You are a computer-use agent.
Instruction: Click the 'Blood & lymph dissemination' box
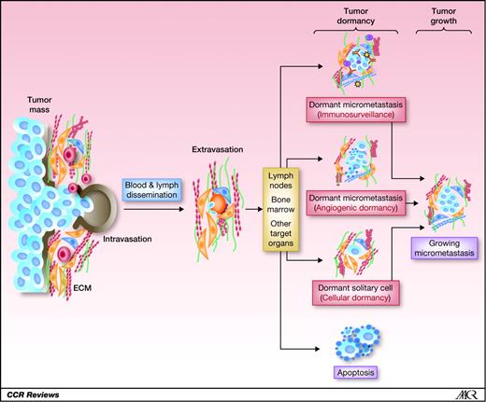(x=153, y=188)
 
